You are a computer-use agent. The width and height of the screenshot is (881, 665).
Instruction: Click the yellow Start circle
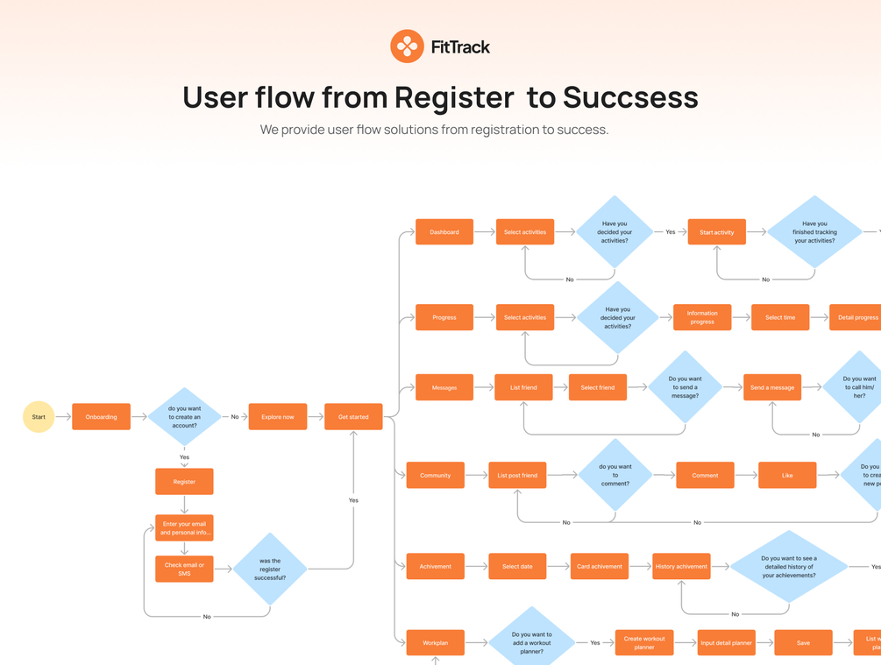(x=39, y=417)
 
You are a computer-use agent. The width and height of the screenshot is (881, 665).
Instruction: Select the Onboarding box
(x=101, y=417)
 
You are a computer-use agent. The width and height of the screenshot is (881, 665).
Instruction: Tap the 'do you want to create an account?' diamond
(x=184, y=417)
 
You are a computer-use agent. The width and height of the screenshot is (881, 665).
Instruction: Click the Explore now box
(x=277, y=417)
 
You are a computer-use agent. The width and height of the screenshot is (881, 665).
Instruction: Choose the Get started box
(x=353, y=417)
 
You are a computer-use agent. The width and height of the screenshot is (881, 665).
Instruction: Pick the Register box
(x=184, y=481)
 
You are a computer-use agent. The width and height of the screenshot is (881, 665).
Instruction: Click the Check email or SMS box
(x=184, y=569)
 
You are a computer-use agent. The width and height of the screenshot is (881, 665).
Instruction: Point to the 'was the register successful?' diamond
(x=270, y=569)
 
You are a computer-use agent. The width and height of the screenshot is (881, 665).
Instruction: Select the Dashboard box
(x=444, y=232)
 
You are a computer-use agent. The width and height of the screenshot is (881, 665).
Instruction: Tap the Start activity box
(x=716, y=232)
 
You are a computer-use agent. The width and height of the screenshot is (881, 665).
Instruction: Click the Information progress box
(x=702, y=317)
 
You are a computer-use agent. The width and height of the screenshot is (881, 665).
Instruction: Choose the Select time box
(x=780, y=317)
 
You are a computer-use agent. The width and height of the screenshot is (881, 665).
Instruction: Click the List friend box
(x=523, y=387)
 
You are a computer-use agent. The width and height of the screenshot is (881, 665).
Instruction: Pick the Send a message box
(x=772, y=387)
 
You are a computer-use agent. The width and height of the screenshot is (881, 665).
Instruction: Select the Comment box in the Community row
(x=705, y=475)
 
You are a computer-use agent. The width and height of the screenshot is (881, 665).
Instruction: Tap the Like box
(x=787, y=475)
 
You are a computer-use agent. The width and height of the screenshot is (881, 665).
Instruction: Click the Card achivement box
(x=600, y=566)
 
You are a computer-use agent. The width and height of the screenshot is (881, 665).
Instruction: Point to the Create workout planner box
(x=644, y=643)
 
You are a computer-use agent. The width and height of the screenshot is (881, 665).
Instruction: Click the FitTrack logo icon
(x=407, y=46)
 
